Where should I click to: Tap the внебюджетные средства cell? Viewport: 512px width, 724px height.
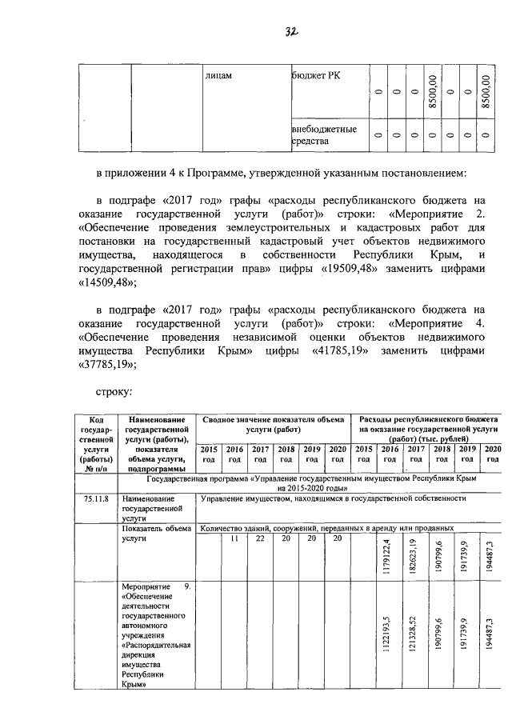[x=323, y=134]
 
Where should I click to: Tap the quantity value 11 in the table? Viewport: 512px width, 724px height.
[x=234, y=538]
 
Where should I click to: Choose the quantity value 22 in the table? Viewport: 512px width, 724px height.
[x=260, y=538]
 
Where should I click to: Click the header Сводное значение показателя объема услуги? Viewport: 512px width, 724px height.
[x=273, y=424]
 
